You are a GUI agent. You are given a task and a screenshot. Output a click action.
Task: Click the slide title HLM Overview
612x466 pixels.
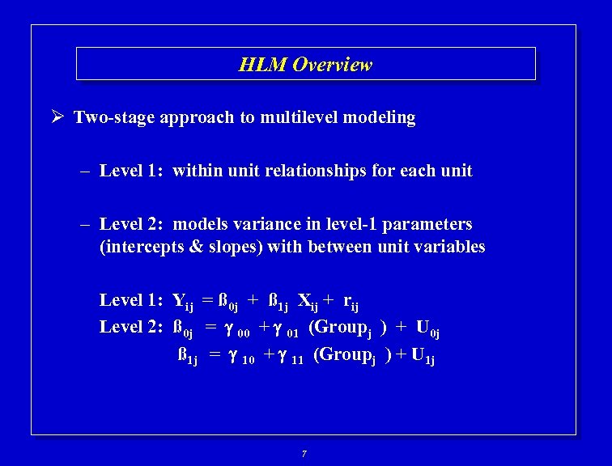305,65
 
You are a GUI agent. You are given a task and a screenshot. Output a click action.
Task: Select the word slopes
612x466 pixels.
234,247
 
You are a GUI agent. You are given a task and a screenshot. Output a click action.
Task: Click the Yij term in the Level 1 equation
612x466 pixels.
183,302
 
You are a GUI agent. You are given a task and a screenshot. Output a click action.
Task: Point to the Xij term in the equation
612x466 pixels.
308,302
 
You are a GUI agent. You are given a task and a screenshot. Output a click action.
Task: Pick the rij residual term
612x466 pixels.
351,303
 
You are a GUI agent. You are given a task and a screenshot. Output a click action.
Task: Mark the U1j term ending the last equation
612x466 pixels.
423,356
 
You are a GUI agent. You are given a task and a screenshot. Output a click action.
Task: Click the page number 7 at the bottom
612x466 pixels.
304,454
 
